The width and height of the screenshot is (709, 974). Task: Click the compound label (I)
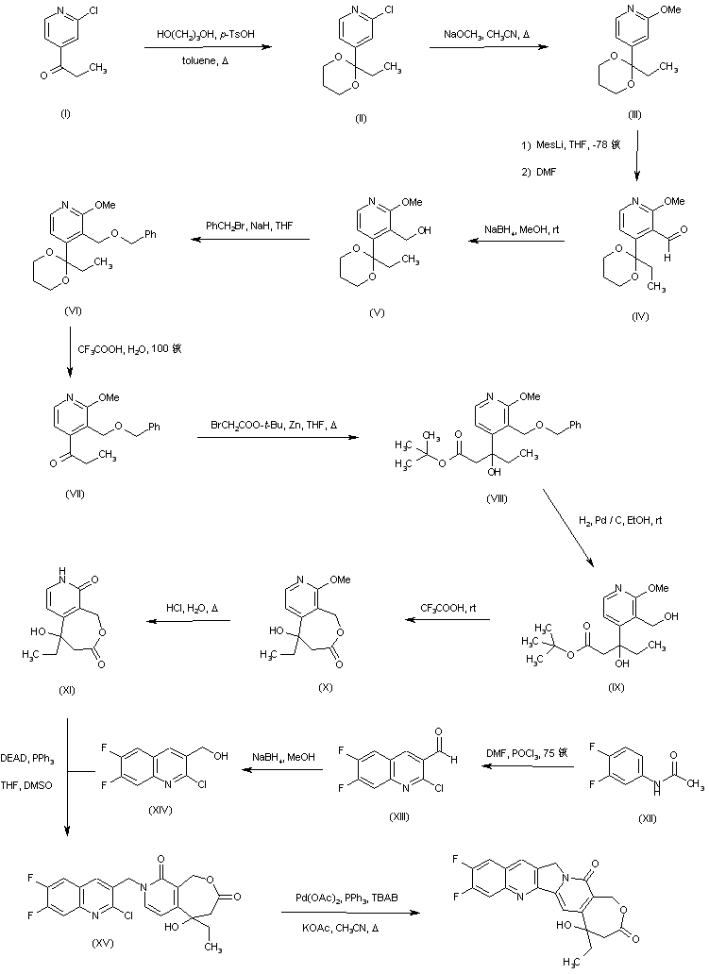tap(64, 113)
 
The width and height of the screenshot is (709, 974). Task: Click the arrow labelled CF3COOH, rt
tap(447, 619)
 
